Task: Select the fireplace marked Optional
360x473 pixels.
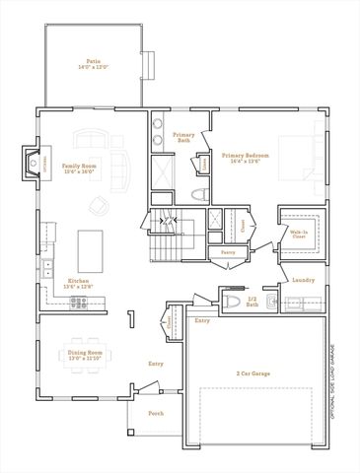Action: point(31,160)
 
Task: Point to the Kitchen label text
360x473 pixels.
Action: point(79,281)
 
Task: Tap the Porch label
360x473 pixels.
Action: point(156,415)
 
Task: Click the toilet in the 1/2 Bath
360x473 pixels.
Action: point(228,303)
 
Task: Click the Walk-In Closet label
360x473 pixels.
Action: point(298,235)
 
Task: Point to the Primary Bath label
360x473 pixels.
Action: point(183,137)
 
